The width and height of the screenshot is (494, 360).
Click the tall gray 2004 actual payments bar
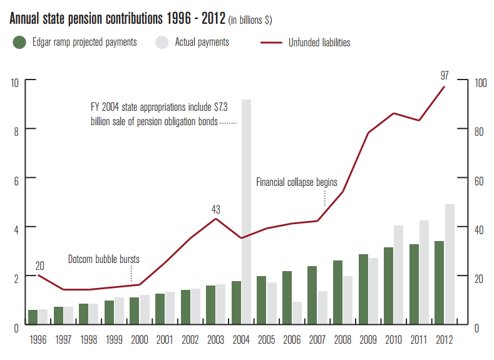coord(246,213)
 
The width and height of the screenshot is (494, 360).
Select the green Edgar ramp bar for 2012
coord(439,283)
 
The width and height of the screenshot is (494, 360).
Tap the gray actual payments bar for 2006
coord(297,314)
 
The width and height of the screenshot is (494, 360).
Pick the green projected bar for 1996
coord(33,317)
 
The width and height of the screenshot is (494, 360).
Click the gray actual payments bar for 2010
coord(399,275)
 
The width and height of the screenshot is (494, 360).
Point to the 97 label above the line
coord(445,75)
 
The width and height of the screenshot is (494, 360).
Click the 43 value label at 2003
coord(216,209)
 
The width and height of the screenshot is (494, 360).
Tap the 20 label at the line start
coord(40,264)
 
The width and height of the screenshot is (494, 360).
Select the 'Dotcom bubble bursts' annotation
coord(104,259)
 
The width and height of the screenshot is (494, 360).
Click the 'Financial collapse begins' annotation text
coord(297,183)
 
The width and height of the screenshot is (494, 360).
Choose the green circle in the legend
coord(19,43)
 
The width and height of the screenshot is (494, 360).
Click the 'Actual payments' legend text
coord(201,43)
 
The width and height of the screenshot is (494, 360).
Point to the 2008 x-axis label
coord(343,340)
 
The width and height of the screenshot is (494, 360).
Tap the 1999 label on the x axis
coord(113,340)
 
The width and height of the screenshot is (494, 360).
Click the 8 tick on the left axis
coord(15,130)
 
